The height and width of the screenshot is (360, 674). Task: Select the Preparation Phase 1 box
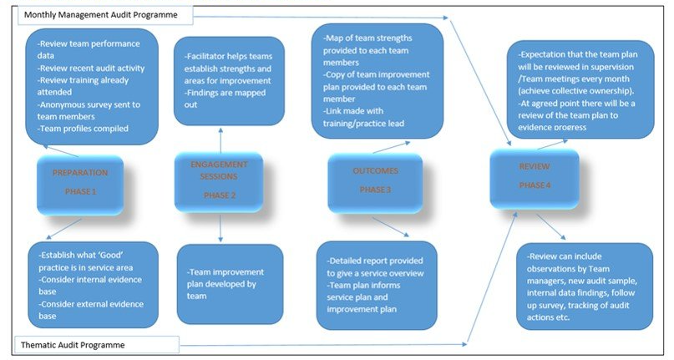tap(81, 182)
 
